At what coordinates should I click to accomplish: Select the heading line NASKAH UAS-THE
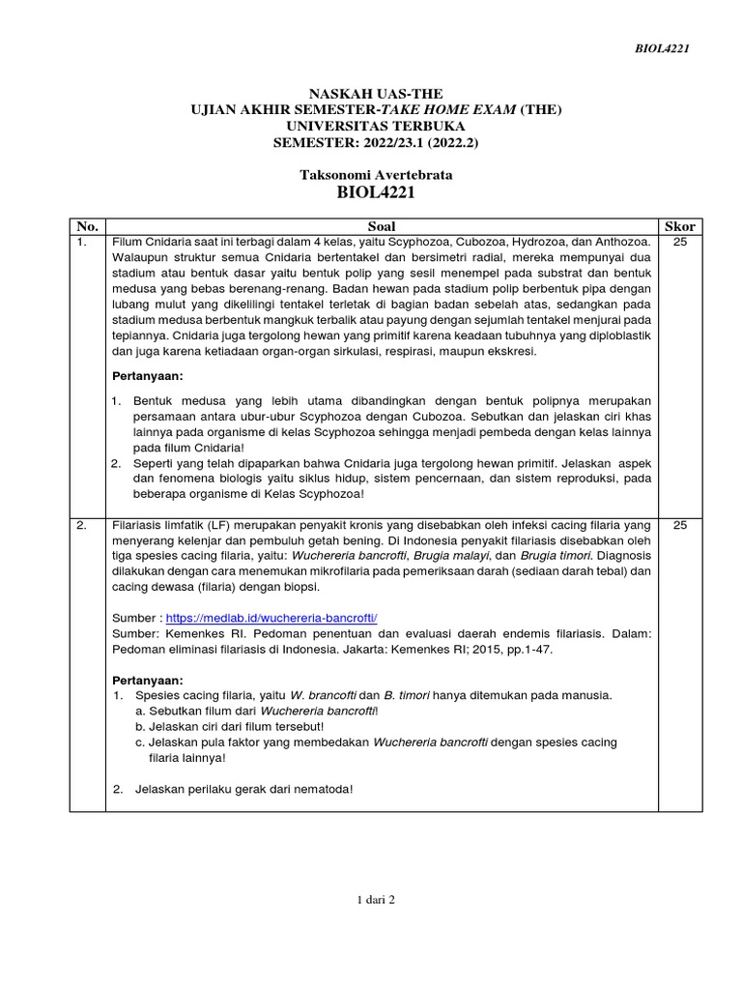point(376,94)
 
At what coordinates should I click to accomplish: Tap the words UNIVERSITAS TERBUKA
point(376,126)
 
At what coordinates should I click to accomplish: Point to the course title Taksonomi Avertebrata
point(376,175)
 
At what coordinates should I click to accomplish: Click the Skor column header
point(679,226)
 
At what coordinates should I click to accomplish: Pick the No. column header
point(87,226)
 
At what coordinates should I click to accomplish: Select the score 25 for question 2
point(679,525)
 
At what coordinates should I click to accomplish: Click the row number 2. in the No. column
point(83,525)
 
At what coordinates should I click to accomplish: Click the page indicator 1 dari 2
point(376,899)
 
